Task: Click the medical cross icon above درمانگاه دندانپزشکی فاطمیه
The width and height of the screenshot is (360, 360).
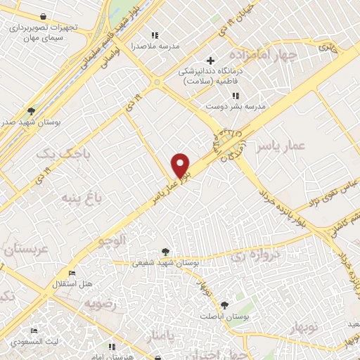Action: point(210,60)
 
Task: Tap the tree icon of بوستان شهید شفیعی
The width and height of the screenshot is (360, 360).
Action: point(165,251)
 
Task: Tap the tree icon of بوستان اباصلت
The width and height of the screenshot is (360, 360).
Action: point(224,304)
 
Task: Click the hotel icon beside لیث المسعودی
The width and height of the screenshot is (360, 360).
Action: point(34,330)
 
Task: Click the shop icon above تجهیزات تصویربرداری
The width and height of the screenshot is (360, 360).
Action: point(44,15)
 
